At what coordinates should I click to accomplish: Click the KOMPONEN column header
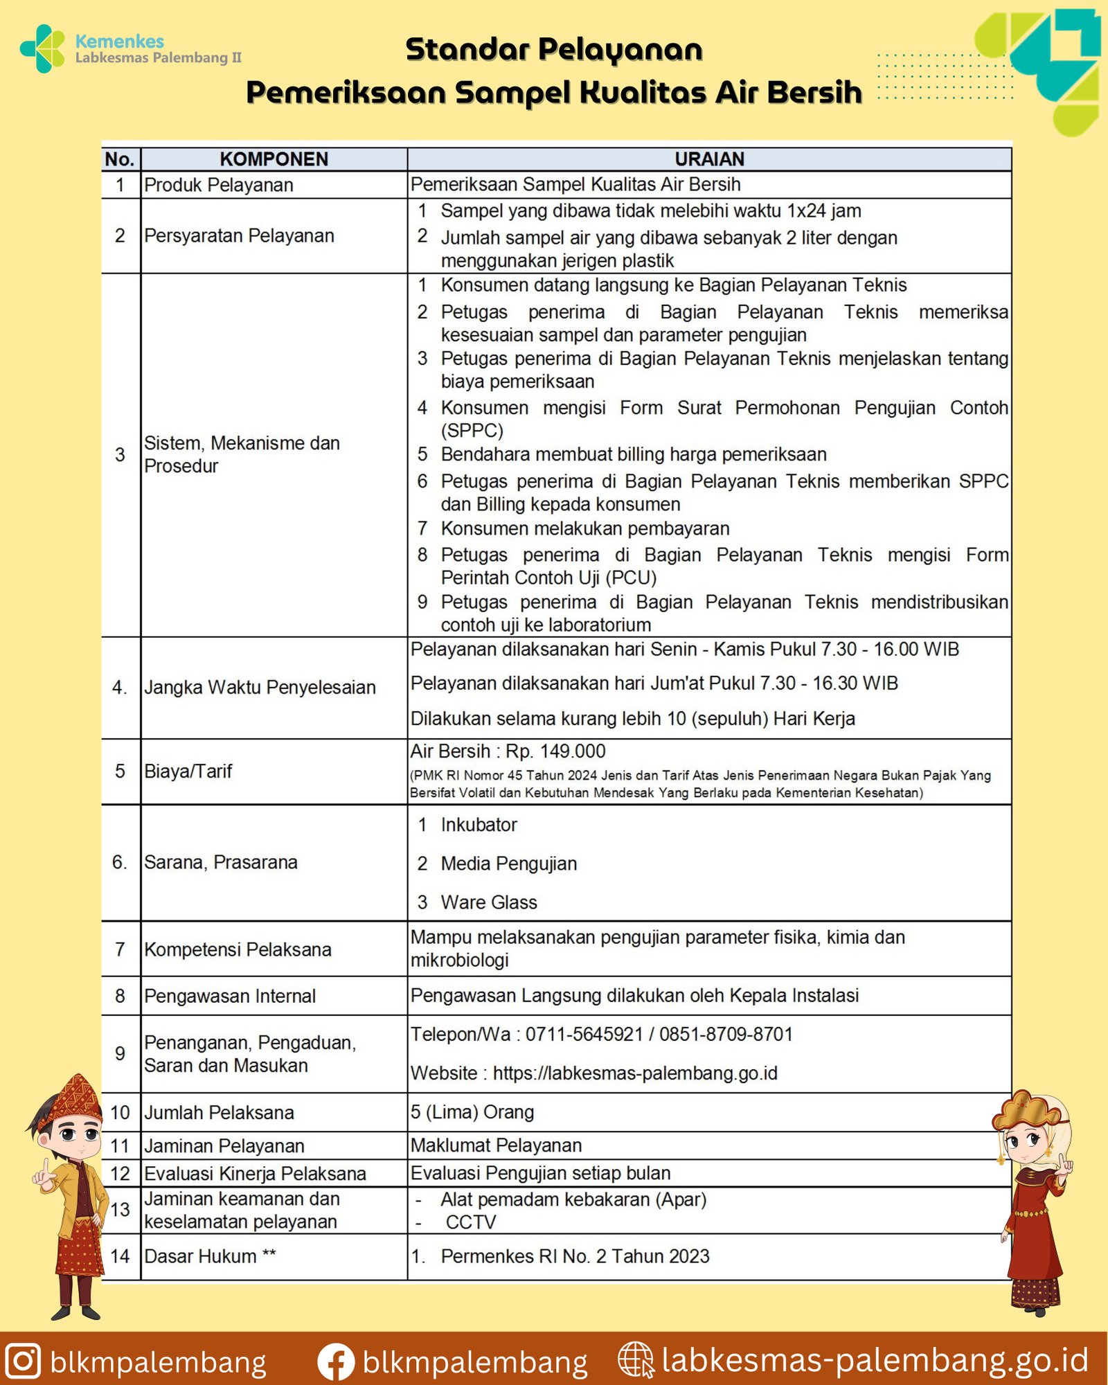point(274,159)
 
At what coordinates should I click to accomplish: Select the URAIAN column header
point(709,159)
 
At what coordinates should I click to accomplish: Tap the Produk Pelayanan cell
point(219,185)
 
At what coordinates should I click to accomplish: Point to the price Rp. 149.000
point(555,751)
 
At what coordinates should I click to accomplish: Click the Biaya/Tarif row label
point(188,771)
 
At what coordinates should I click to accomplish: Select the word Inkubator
point(479,825)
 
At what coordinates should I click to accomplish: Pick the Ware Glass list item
point(488,902)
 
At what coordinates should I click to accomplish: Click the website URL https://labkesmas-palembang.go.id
point(635,1073)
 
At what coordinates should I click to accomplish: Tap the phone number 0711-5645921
point(584,1035)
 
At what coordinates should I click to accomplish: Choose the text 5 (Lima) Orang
point(472,1112)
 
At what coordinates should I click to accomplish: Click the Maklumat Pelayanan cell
point(496,1146)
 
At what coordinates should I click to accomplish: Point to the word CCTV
point(471,1222)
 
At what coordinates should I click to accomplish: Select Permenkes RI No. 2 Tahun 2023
point(575,1256)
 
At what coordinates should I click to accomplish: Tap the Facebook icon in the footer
point(336,1362)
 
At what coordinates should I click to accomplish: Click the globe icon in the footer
point(635,1359)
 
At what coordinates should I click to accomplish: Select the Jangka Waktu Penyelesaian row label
point(260,688)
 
